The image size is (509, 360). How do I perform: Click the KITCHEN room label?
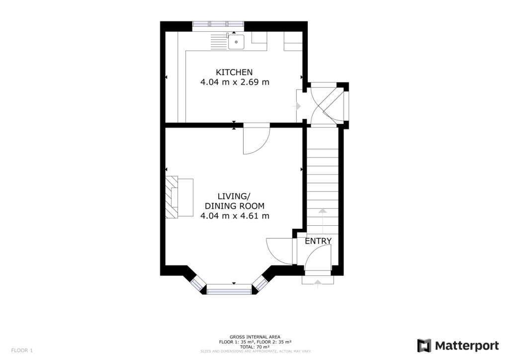[234, 72]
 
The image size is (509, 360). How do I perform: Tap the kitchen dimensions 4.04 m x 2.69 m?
[235, 82]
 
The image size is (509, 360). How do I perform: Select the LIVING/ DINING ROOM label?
[235, 201]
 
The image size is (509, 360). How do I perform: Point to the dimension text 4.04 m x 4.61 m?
[235, 216]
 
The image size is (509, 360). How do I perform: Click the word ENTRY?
[318, 241]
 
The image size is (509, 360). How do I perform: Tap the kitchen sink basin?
[237, 42]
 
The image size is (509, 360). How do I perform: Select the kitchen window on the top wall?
[218, 25]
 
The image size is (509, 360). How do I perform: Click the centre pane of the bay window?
[229, 288]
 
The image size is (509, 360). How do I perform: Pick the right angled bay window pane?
[260, 283]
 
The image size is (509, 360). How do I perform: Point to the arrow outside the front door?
[318, 282]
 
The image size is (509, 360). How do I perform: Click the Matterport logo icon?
[424, 346]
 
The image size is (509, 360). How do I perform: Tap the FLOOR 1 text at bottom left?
[22, 350]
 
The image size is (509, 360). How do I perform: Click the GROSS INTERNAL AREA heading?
[255, 337]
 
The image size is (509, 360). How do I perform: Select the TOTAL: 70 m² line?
[255, 347]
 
